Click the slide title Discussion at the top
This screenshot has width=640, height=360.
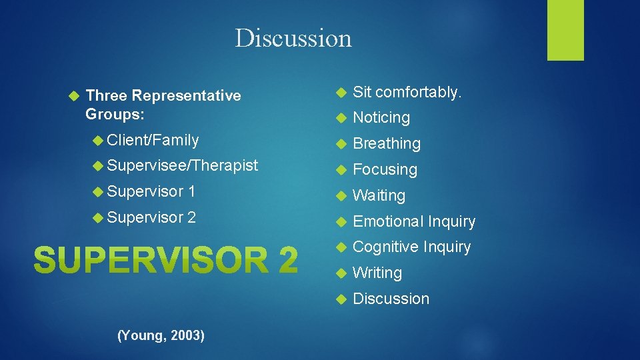293,38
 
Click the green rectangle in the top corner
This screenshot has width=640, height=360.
565,30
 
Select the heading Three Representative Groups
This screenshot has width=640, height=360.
163,105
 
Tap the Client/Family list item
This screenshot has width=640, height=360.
153,140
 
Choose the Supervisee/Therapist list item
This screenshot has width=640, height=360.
182,166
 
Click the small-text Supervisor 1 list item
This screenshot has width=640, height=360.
151,192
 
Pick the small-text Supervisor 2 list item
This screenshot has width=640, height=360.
151,217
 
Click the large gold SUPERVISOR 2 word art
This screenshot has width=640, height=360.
165,259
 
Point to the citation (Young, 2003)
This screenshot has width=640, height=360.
161,335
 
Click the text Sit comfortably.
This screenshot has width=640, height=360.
407,92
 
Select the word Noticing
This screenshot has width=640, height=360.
381,118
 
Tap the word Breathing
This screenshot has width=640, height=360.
387,144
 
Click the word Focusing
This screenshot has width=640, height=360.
385,170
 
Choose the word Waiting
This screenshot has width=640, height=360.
379,196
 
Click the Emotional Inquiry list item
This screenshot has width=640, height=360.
414,221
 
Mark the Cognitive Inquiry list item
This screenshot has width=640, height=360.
411,247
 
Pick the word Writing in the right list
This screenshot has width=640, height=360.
377,273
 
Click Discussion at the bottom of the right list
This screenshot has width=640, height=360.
391,299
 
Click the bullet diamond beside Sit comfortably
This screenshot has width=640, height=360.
339,92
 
